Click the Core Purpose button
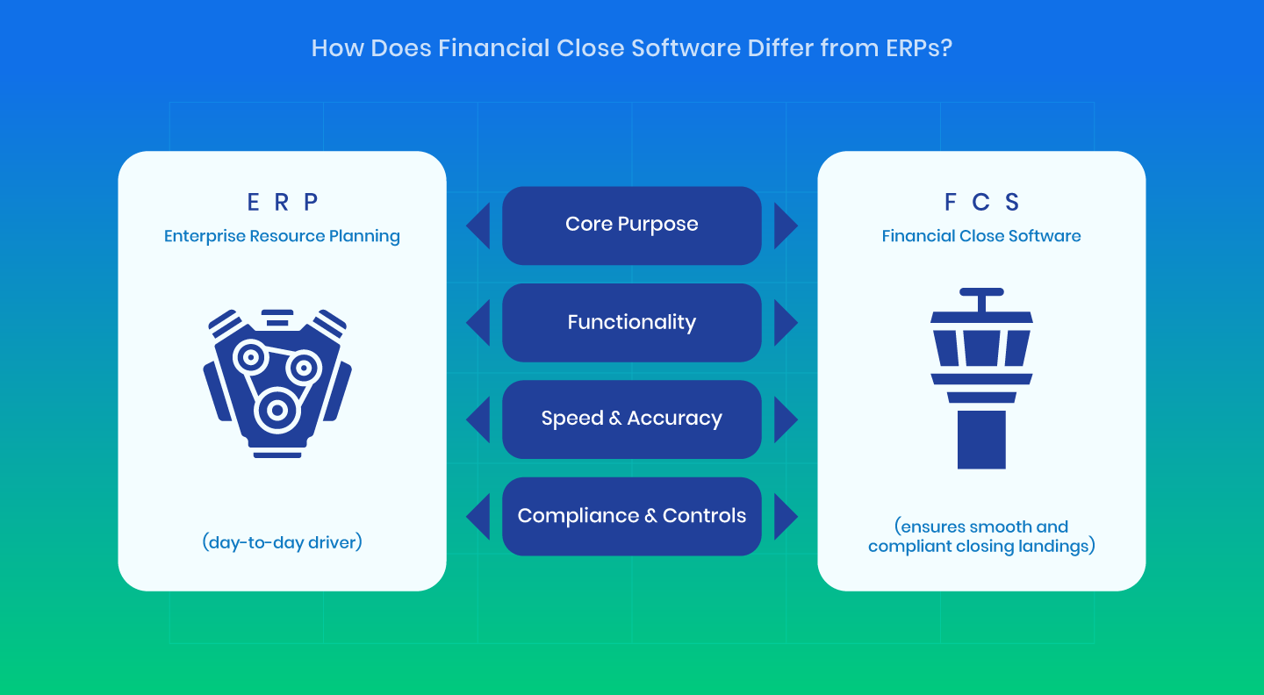[631, 226]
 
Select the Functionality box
[631, 323]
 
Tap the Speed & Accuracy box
[631, 419]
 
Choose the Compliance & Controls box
[631, 516]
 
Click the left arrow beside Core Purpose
[478, 226]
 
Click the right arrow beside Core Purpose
[786, 226]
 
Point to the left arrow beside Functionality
[478, 323]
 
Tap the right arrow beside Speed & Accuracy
[786, 419]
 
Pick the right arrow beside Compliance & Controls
[786, 516]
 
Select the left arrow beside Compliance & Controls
[478, 516]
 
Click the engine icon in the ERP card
[277, 383]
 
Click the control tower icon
[981, 378]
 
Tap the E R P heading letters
[282, 202]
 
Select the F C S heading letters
[981, 202]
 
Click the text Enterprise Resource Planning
[282, 236]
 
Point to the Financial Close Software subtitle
[981, 236]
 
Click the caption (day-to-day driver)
[282, 542]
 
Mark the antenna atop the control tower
[981, 299]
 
